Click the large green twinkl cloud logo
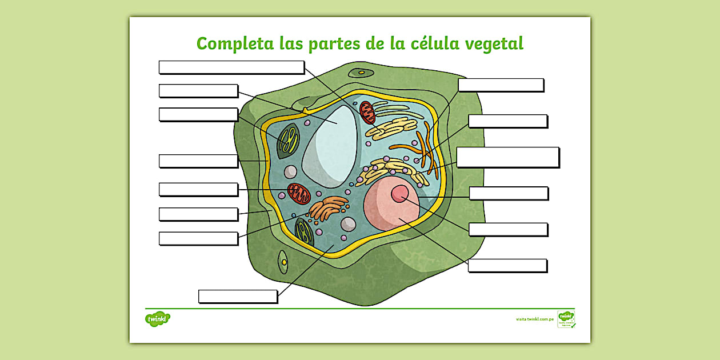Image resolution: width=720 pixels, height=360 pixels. click(x=158, y=318)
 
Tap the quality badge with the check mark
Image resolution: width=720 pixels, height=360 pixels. click(x=566, y=319)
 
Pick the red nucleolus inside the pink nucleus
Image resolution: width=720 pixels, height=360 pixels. click(x=400, y=193)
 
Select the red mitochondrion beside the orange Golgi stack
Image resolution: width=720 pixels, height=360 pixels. click(x=298, y=193)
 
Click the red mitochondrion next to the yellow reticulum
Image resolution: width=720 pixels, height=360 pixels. click(x=367, y=112)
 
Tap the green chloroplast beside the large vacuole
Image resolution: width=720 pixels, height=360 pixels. click(x=288, y=141)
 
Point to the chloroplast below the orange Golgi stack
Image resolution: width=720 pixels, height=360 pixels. click(x=303, y=231)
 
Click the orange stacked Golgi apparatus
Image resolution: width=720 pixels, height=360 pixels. click(x=328, y=209)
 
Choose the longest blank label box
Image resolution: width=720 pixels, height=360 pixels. click(x=231, y=67)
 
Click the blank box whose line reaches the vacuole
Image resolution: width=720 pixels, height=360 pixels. click(x=198, y=91)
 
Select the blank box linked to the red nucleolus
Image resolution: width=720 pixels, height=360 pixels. click(x=508, y=229)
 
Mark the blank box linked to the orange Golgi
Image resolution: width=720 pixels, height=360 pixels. click(x=198, y=238)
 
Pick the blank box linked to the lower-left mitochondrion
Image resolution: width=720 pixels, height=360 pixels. click(x=198, y=189)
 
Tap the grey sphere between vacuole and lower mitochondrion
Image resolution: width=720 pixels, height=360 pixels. click(x=291, y=171)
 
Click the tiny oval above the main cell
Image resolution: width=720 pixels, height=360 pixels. click(x=361, y=73)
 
